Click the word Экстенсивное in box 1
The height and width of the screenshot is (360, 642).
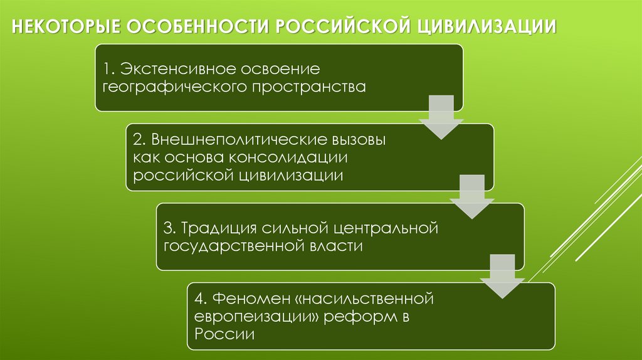tap(169, 67)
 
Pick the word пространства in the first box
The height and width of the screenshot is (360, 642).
tap(309, 87)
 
